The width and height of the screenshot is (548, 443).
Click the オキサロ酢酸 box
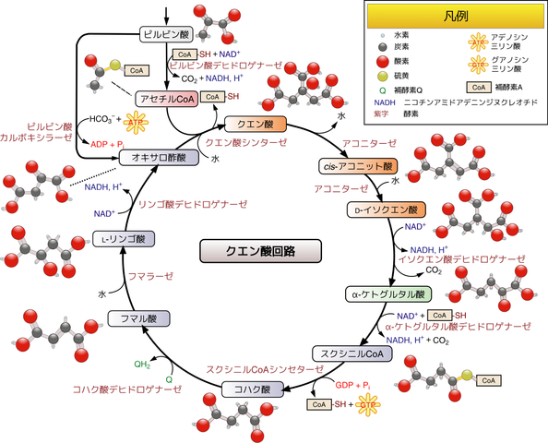point(158,158)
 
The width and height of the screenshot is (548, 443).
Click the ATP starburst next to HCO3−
point(136,121)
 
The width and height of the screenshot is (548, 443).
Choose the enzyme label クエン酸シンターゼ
point(244,143)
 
